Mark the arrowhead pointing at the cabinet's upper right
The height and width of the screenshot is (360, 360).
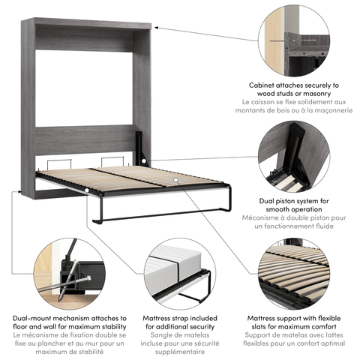click(159, 30)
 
